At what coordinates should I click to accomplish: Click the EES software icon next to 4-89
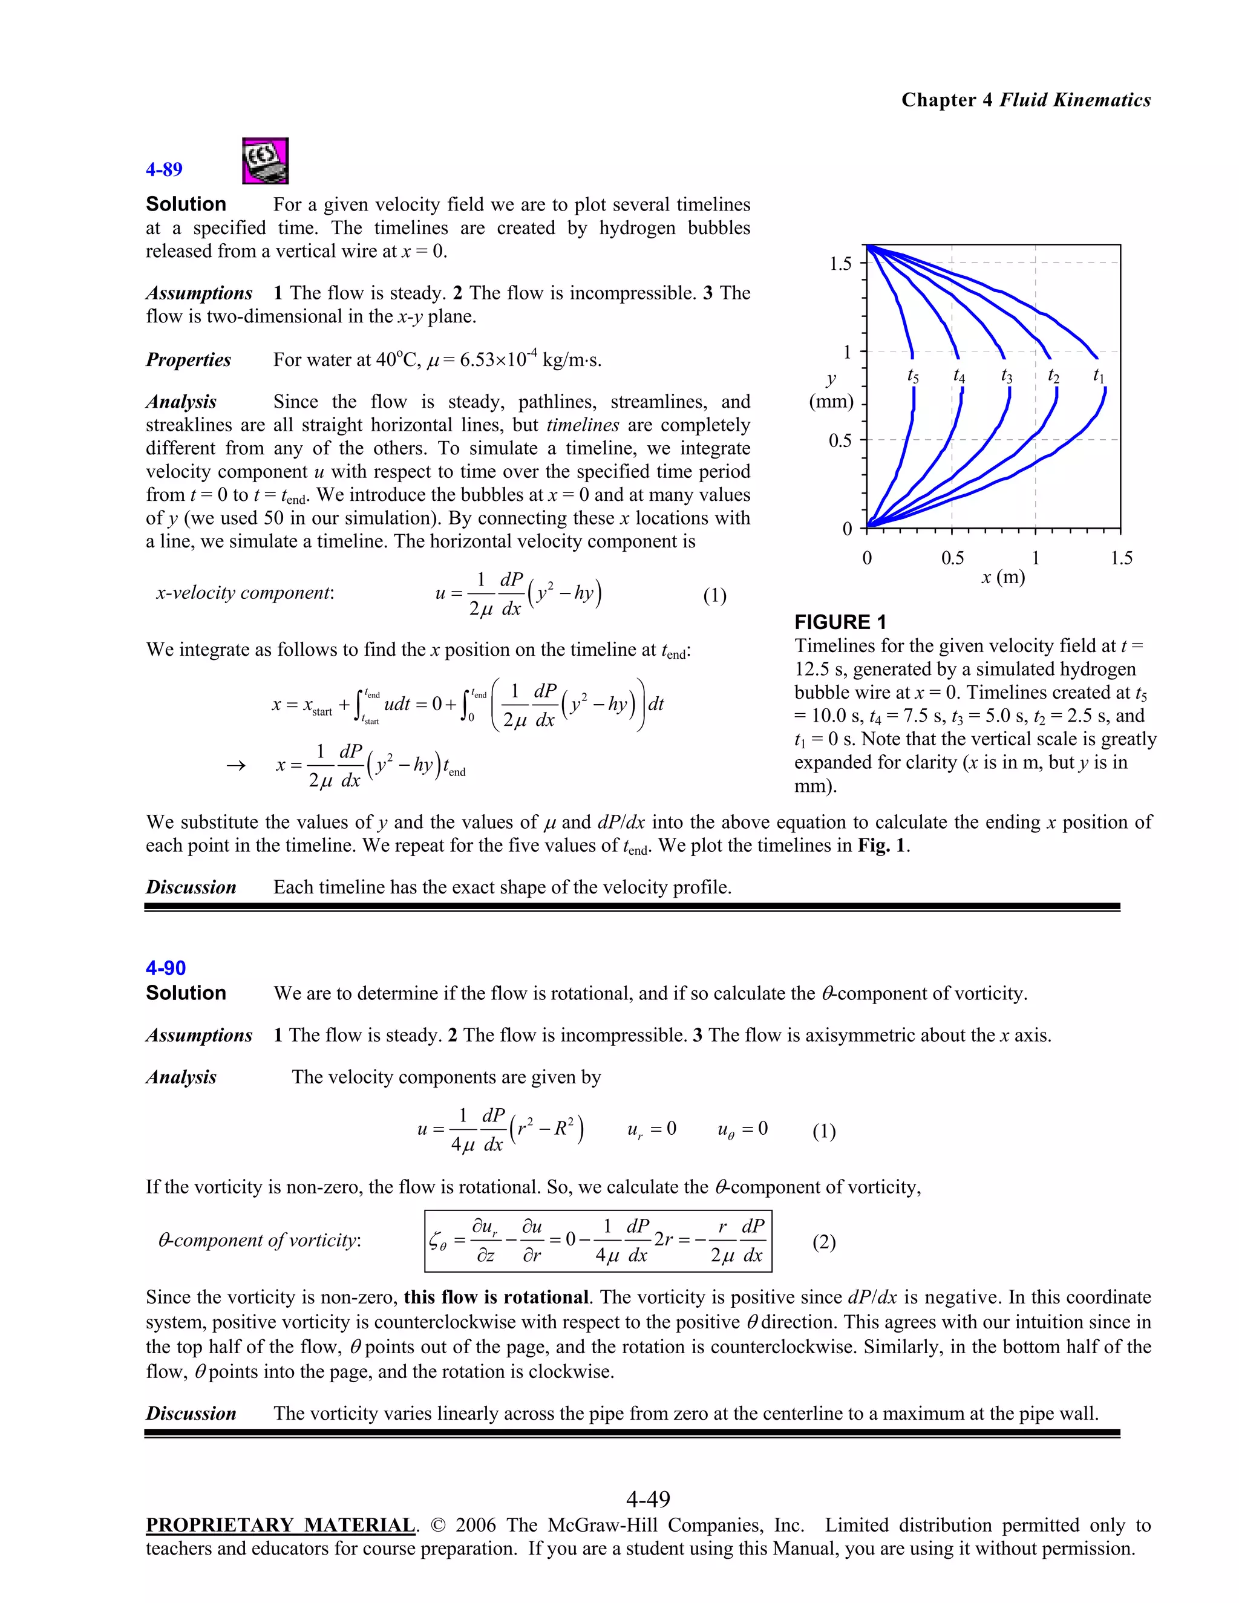click(x=265, y=161)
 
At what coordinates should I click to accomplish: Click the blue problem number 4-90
click(x=165, y=968)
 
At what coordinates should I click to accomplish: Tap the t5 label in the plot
click(x=912, y=376)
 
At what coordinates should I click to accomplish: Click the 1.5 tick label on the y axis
click(x=840, y=264)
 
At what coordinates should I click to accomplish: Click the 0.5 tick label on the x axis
click(x=952, y=558)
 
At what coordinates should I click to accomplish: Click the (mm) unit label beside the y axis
click(x=831, y=402)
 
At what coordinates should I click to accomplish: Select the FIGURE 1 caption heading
click(x=840, y=622)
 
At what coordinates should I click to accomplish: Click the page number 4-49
click(x=648, y=1498)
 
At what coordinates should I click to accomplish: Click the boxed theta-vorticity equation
click(x=598, y=1241)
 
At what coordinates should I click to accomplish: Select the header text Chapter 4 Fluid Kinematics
click(x=1025, y=100)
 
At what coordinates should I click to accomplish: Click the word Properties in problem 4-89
click(x=188, y=360)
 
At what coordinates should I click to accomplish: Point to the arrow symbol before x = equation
click(x=235, y=766)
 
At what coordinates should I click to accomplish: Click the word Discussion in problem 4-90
click(x=191, y=1414)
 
